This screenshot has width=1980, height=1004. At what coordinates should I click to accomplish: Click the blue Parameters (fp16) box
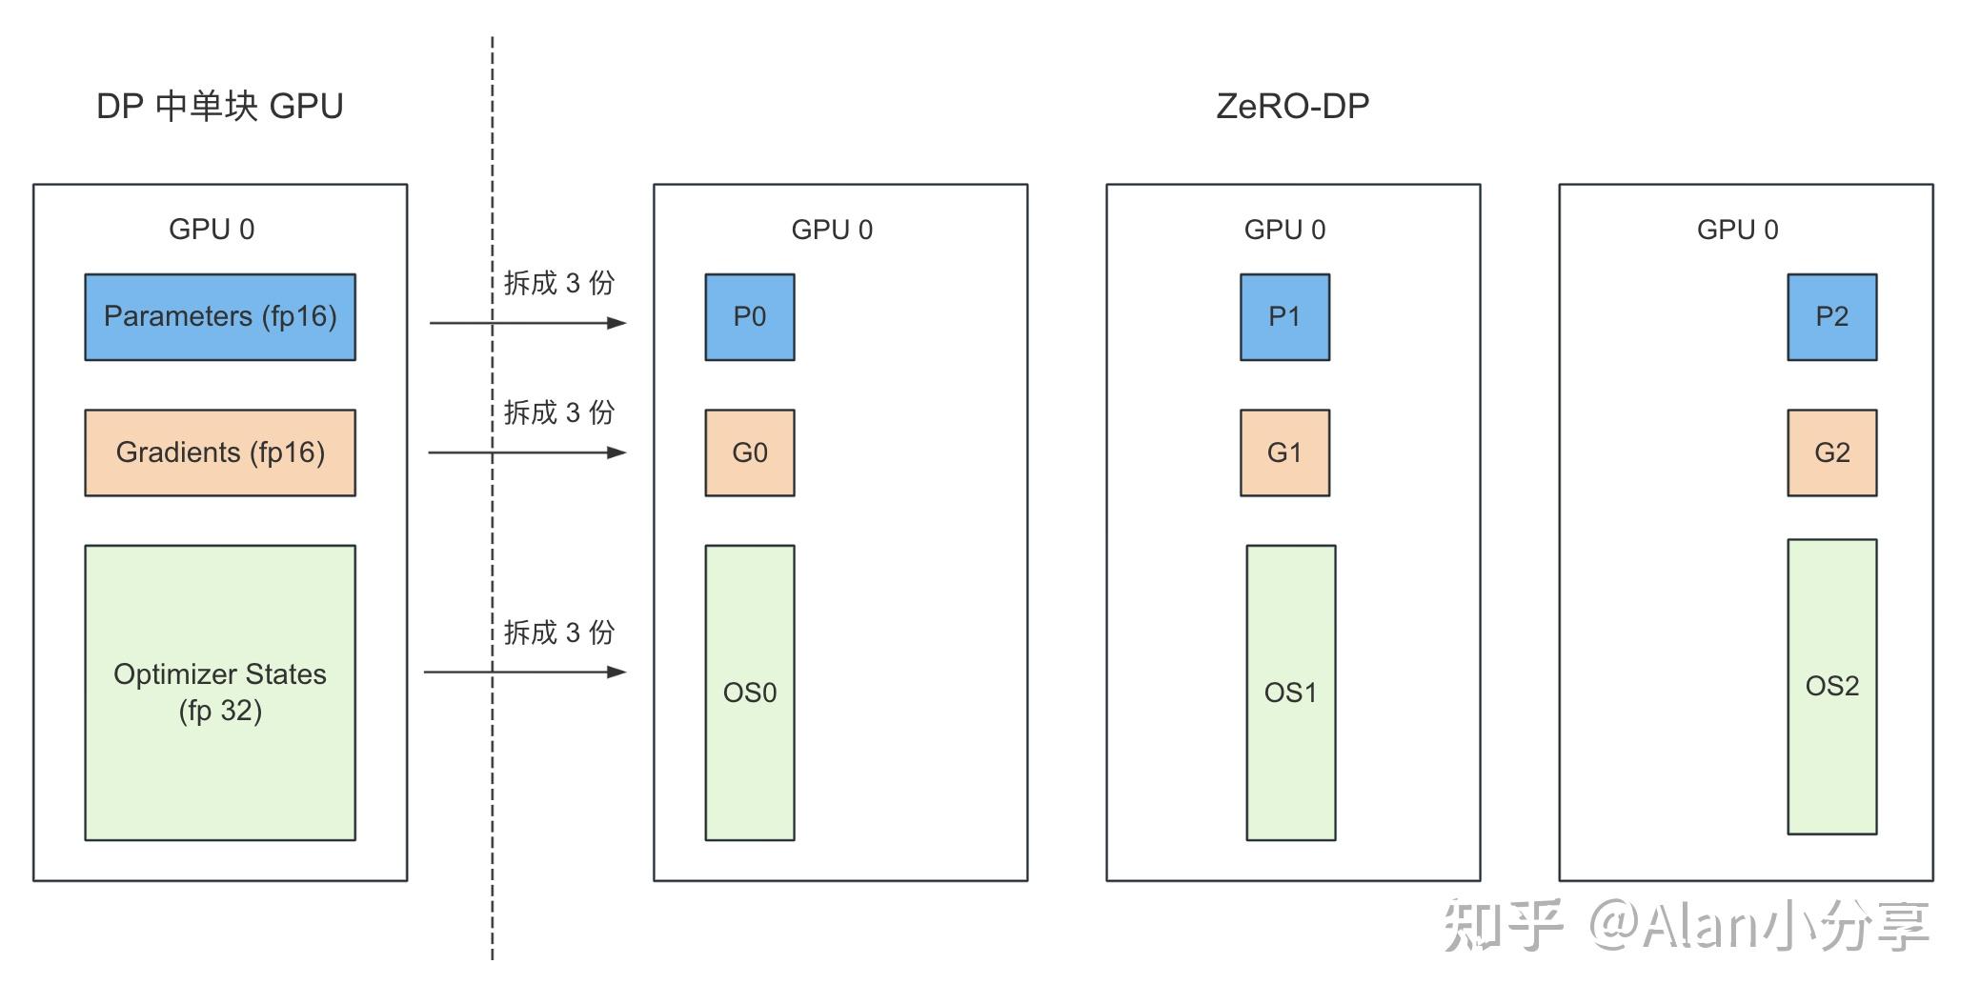(x=220, y=317)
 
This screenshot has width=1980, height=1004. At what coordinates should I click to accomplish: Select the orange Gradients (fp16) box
(x=220, y=452)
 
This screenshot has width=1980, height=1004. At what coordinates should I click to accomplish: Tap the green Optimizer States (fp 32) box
(x=220, y=693)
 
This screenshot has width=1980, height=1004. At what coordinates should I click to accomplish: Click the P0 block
(x=750, y=317)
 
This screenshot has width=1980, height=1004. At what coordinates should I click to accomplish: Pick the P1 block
(x=1284, y=317)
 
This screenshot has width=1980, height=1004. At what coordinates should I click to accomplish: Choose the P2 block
(x=1831, y=317)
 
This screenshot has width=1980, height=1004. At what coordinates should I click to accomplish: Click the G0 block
(x=750, y=452)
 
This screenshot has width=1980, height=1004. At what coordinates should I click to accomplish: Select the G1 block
(x=1284, y=452)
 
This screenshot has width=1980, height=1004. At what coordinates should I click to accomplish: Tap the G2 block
(x=1831, y=452)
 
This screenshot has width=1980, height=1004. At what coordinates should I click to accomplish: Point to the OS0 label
(x=750, y=693)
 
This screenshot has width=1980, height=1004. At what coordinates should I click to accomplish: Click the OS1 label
(x=1290, y=693)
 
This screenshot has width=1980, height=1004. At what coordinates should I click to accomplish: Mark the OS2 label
(x=1831, y=686)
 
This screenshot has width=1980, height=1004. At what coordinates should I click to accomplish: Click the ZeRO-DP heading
(x=1292, y=106)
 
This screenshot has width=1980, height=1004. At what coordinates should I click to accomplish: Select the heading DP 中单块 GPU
(x=220, y=106)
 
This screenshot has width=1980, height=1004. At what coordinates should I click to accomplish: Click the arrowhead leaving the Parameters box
(x=617, y=323)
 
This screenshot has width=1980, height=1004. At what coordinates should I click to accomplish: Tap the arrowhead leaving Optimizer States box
(x=617, y=673)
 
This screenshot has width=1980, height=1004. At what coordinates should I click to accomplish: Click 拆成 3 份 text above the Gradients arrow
(x=559, y=412)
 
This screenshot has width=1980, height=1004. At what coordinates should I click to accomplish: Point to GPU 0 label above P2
(x=1737, y=230)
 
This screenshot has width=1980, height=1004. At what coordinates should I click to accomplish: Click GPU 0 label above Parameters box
(x=212, y=230)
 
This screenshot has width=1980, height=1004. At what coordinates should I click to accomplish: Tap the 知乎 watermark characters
(x=1503, y=925)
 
